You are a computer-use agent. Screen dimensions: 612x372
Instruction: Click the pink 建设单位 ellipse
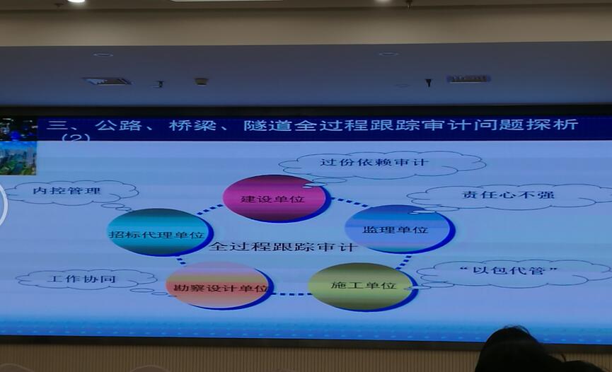275,198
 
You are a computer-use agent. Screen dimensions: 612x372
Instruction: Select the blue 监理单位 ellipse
399,229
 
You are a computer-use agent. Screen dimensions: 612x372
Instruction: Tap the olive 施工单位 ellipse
362,286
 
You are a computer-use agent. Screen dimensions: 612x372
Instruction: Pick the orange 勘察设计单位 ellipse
219,286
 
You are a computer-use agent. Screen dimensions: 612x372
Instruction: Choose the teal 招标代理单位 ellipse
160,233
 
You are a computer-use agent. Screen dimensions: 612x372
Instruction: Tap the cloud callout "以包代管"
512,272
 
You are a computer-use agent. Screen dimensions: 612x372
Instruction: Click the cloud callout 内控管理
70,192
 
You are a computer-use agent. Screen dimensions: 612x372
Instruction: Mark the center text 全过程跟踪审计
284,247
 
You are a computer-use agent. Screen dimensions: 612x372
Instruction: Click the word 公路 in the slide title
118,125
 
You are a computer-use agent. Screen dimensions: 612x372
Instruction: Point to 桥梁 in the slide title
192,125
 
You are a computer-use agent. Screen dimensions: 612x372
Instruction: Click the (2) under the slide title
76,137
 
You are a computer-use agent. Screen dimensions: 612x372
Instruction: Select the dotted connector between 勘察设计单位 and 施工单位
291,294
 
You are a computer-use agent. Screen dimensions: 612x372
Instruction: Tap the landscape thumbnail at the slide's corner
18,158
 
